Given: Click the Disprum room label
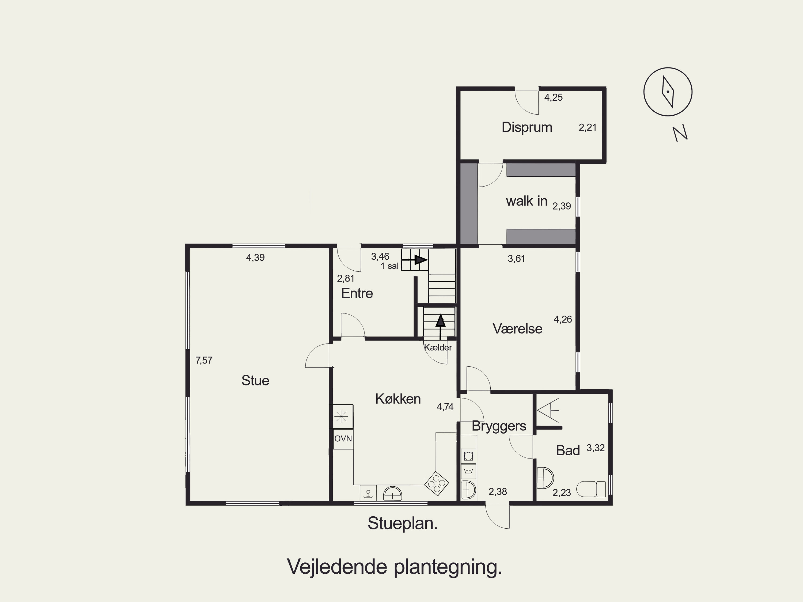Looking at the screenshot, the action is [527, 127].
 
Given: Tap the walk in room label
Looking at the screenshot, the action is [527, 201].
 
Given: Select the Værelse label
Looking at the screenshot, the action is [517, 329].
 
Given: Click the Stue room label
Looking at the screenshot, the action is [255, 381].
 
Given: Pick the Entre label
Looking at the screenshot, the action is [357, 293].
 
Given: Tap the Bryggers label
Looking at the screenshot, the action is [499, 426].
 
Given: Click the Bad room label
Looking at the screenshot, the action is [568, 450].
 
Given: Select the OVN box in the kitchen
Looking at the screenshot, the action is [343, 439].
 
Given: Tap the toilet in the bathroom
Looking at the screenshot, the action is [591, 489].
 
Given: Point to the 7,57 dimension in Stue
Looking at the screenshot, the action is [204, 361].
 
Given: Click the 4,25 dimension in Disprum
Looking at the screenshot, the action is [553, 97].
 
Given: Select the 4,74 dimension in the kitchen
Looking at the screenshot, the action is [445, 407].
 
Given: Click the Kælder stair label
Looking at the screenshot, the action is [438, 347].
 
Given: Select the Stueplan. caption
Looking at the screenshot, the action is [402, 524].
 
